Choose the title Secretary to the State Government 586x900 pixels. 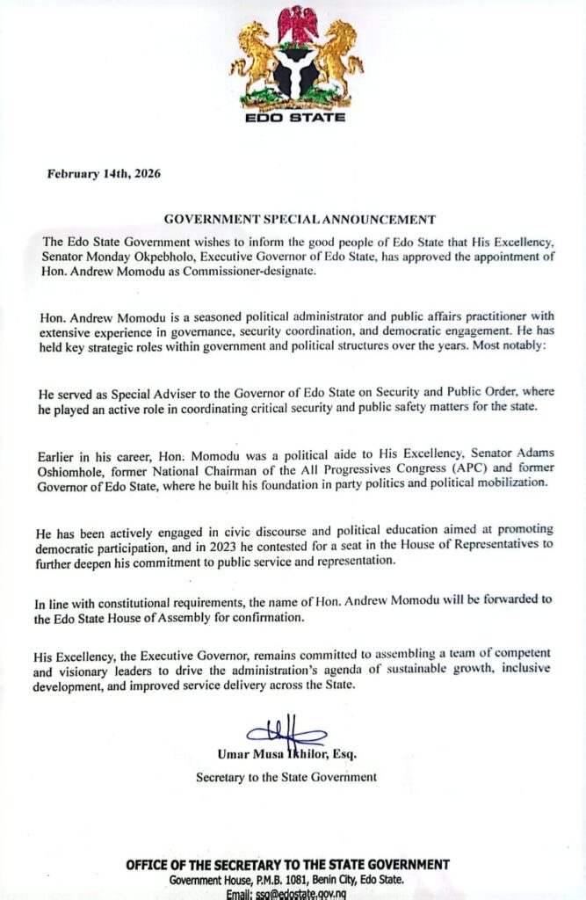point(286,777)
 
